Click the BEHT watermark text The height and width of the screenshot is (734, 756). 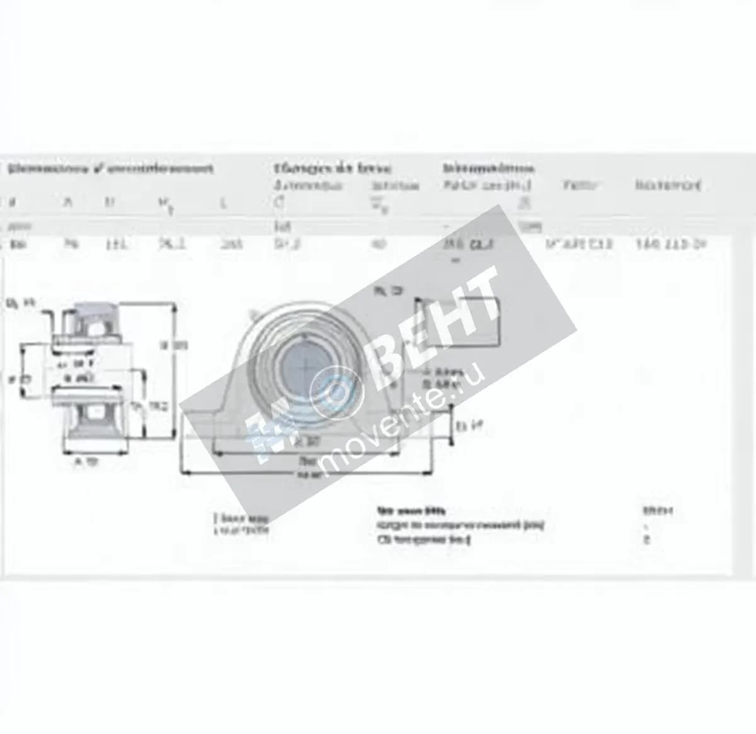435,328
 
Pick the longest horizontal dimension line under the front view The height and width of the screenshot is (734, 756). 307,471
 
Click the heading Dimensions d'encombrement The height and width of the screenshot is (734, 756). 111,169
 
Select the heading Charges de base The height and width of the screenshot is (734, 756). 332,169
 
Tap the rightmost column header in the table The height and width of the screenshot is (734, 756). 668,185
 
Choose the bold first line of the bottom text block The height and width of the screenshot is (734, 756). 410,511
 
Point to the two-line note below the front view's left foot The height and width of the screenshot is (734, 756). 242,524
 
